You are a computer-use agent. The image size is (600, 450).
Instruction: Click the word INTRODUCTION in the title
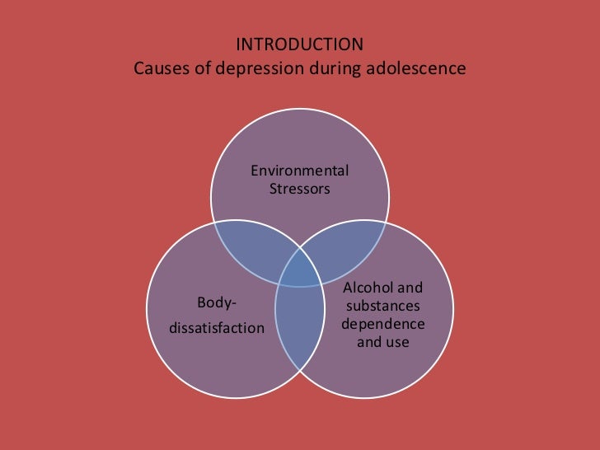299,43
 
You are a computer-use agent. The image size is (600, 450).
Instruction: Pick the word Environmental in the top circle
299,171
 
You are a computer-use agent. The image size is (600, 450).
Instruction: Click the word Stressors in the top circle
299,189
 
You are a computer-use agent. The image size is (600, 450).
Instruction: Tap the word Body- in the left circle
217,304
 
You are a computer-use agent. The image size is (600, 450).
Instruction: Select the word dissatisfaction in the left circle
217,329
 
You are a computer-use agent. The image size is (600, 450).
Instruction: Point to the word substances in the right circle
382,306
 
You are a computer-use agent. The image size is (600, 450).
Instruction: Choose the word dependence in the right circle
382,323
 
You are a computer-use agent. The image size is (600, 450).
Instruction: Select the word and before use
369,341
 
